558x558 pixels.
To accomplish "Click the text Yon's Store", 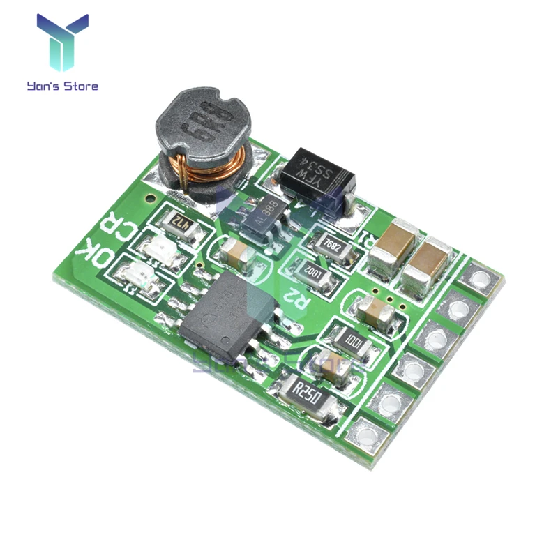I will [62, 86].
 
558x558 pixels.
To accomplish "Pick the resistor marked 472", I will [181, 224].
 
